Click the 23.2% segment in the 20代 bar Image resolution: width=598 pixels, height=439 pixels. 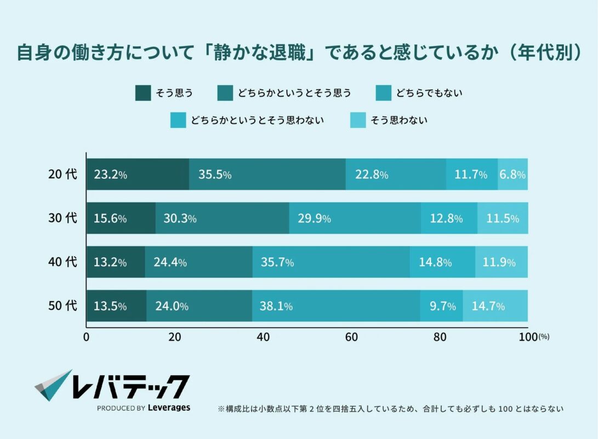pos(138,175)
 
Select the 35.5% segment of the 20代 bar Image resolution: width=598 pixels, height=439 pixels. pos(267,175)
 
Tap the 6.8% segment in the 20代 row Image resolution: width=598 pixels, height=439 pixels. pos(512,175)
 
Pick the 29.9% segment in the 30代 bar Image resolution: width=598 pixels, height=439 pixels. pos(355,218)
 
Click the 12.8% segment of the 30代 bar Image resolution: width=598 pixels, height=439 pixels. pos(449,218)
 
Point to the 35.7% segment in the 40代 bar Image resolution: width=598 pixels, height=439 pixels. pos(331,262)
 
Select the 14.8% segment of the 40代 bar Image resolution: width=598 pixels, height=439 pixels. pos(442,262)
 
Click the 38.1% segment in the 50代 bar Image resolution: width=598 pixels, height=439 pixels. pos(336,306)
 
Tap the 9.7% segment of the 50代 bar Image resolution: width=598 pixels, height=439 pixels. pos(441,306)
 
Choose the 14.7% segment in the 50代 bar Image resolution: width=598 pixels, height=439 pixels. pos(496,306)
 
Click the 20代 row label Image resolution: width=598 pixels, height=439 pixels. pos(62,175)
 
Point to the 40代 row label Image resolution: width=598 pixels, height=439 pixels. pos(62,262)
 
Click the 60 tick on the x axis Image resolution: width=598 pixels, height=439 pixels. pos(351,337)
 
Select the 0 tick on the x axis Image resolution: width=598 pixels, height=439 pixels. pos(86,337)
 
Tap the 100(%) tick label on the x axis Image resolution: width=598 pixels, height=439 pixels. pos(533,337)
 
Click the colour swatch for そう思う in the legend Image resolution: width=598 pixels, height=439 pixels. pos(143,93)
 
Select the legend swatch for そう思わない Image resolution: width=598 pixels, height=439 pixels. pos(358,120)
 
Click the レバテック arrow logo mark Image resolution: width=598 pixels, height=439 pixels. pos(53,385)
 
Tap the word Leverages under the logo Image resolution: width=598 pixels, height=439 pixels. pos(169,408)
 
